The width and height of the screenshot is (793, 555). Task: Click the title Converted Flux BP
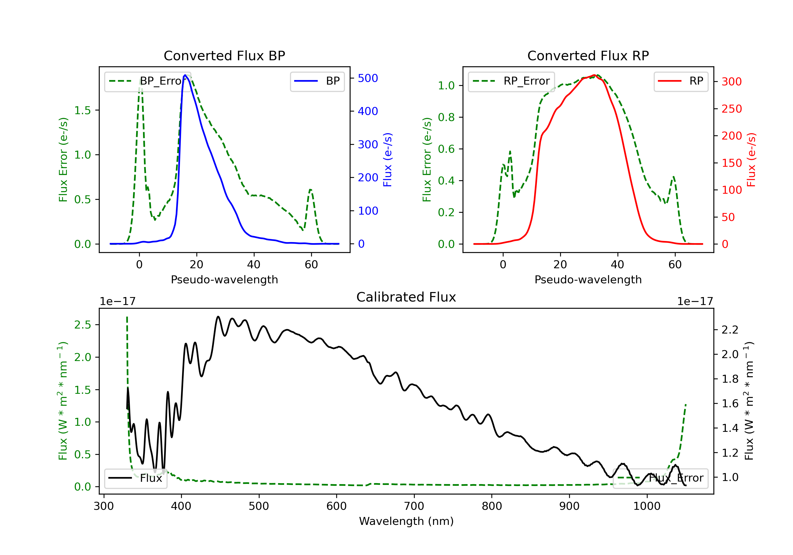pyautogui.click(x=224, y=55)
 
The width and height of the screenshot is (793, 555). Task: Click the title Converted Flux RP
pyautogui.click(x=588, y=55)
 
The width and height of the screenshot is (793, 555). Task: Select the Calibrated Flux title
pyautogui.click(x=406, y=297)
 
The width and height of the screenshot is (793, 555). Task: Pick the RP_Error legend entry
pyautogui.click(x=511, y=81)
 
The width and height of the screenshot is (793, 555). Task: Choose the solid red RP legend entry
pyautogui.click(x=681, y=81)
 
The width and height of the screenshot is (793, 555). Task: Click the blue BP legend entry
pyautogui.click(x=317, y=81)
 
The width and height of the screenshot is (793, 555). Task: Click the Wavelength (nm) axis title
pyautogui.click(x=406, y=521)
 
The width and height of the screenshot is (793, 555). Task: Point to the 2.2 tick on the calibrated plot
pyautogui.click(x=730, y=330)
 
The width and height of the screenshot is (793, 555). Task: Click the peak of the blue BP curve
pyautogui.click(x=185, y=75)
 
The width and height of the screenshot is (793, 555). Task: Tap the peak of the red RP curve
pyautogui.click(x=594, y=75)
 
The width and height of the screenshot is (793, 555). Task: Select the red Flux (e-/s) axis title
pyautogui.click(x=751, y=160)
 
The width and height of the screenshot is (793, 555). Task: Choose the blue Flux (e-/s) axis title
pyautogui.click(x=388, y=160)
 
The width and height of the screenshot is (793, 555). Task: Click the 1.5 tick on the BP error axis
pyautogui.click(x=82, y=110)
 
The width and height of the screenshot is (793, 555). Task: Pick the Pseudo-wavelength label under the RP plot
pyautogui.click(x=588, y=279)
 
